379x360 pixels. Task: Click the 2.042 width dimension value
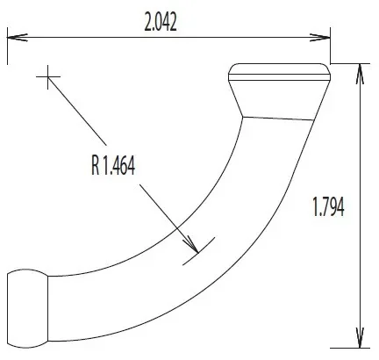pyautogui.click(x=161, y=23)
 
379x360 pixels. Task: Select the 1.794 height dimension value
pyautogui.click(x=328, y=206)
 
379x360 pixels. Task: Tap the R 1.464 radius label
pyautogui.click(x=113, y=166)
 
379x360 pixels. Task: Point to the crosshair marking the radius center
pyautogui.click(x=48, y=77)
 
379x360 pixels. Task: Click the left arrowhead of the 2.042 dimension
pyautogui.click(x=18, y=38)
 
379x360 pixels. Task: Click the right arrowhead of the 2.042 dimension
pyautogui.click(x=320, y=38)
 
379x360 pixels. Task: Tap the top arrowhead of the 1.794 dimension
pyautogui.click(x=360, y=74)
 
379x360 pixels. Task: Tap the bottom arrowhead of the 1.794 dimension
pyautogui.click(x=360, y=337)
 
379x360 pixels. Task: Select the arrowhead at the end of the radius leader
pyautogui.click(x=190, y=244)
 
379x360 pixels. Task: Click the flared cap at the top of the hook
pyautogui.click(x=279, y=91)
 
